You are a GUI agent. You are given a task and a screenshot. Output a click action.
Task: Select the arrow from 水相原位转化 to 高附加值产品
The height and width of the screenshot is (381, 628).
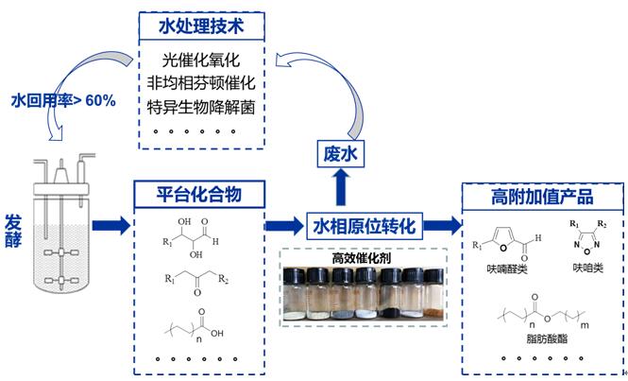(442, 225)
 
